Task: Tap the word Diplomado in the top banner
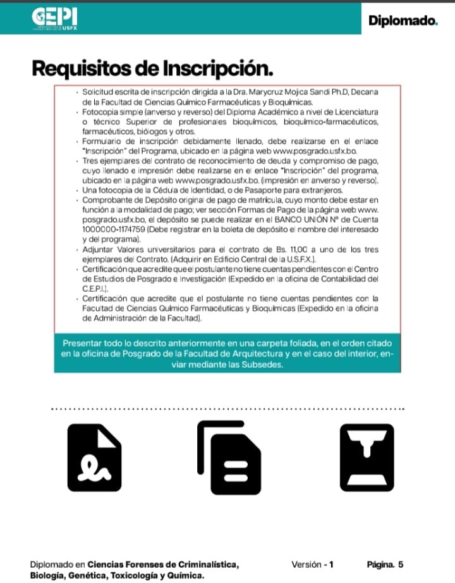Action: point(402,20)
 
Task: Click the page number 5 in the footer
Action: point(400,547)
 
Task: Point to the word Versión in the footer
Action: point(307,547)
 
